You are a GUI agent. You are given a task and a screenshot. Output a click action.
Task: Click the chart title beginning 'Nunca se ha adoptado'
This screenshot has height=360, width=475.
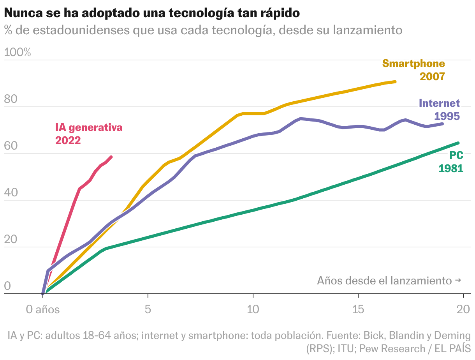tap(152, 13)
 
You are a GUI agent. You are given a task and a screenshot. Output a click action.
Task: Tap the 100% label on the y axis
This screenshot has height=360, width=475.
tap(17, 52)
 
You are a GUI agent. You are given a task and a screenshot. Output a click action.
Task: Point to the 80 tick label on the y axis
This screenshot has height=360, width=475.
tap(11, 99)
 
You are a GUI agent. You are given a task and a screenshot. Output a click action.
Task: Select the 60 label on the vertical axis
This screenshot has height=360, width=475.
tap(11, 146)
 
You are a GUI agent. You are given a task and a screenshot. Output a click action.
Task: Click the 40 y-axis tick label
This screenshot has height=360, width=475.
tap(11, 192)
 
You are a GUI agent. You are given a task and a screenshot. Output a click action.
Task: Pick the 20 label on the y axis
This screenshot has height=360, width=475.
tap(11, 239)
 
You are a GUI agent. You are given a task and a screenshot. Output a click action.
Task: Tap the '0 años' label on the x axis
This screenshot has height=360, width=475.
tap(42, 309)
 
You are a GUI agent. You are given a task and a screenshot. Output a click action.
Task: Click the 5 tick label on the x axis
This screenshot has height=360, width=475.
tap(148, 309)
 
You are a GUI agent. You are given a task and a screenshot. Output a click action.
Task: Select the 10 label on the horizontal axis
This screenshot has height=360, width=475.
tap(253, 309)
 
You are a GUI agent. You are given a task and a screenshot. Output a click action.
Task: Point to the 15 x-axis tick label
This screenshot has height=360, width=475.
tap(358, 309)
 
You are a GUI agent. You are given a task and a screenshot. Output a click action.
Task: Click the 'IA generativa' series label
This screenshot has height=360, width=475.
tap(89, 128)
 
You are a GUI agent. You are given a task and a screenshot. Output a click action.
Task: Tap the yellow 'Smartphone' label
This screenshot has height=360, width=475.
tap(413, 64)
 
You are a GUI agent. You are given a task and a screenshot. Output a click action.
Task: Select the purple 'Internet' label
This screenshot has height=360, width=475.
tap(439, 103)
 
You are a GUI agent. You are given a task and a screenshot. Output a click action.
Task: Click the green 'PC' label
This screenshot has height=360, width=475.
tap(456, 155)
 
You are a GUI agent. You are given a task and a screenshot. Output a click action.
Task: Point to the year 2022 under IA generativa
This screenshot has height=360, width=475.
tap(68, 141)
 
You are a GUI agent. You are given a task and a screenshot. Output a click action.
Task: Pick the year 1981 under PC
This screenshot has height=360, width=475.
tap(451, 168)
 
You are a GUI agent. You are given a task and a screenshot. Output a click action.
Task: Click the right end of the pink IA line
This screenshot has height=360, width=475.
tap(111, 157)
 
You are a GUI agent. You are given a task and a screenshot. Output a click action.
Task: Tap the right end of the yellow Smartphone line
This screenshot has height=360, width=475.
tap(395, 82)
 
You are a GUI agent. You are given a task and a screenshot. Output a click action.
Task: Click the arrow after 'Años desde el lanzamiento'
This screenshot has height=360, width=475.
tap(458, 281)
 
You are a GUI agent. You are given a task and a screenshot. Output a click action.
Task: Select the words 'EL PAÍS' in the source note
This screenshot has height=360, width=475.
tap(453, 349)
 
